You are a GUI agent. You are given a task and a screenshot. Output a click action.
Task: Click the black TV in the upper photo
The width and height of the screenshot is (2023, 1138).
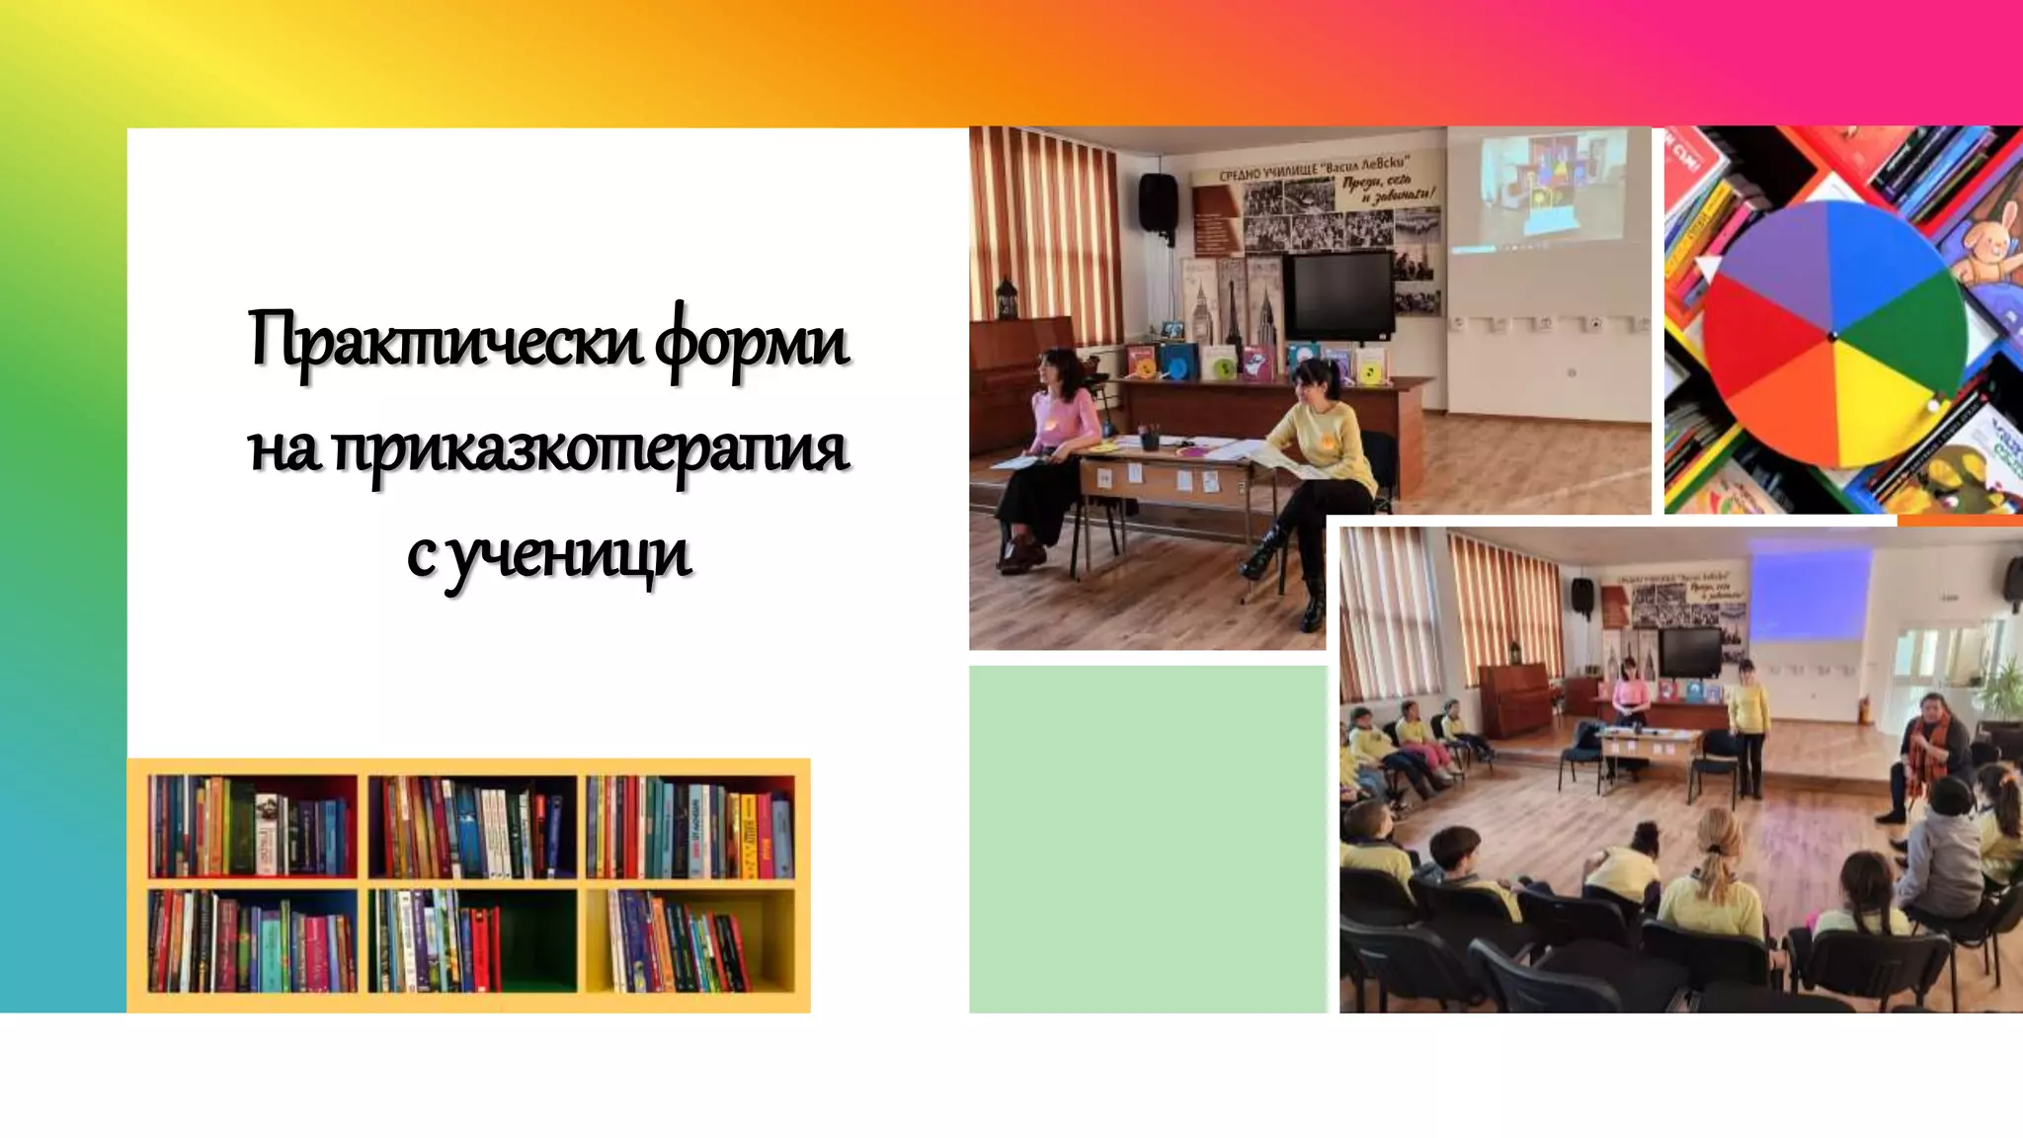click(x=1343, y=294)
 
